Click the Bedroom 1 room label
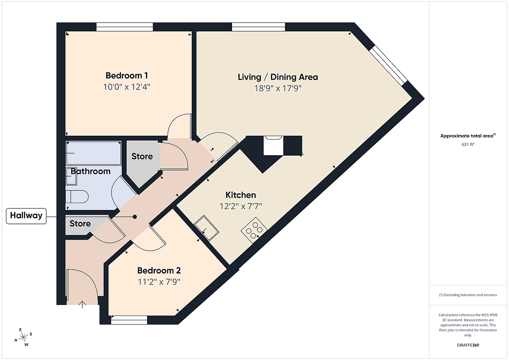pyautogui.click(x=126, y=75)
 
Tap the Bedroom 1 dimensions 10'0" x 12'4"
pyautogui.click(x=126, y=87)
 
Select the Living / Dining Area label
pyautogui.click(x=278, y=77)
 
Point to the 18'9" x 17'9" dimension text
pyautogui.click(x=278, y=88)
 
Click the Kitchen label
pyautogui.click(x=241, y=195)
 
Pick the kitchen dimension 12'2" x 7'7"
pyautogui.click(x=241, y=206)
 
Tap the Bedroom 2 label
pyautogui.click(x=159, y=271)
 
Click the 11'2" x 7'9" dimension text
pyautogui.click(x=159, y=282)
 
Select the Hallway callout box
pyautogui.click(x=26, y=216)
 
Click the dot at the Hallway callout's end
pyautogui.click(x=135, y=217)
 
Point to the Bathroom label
pyautogui.click(x=90, y=171)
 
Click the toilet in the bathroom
pyautogui.click(x=77, y=197)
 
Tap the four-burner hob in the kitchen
pyautogui.click(x=254, y=230)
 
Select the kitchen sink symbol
pyautogui.click(x=206, y=228)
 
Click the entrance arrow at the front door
pyautogui.click(x=82, y=304)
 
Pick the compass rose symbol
pyautogui.click(x=23, y=337)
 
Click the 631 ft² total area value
pyautogui.click(x=468, y=144)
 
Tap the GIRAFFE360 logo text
pyautogui.click(x=468, y=345)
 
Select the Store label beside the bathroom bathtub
pyautogui.click(x=142, y=156)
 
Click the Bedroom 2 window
pyautogui.click(x=129, y=320)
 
